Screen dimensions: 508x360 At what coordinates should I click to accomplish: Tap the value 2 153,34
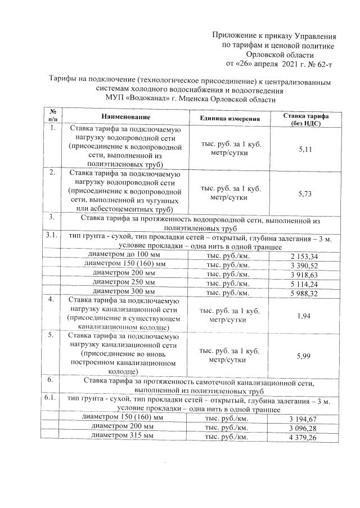click(x=303, y=257)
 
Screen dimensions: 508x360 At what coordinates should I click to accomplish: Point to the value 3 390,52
click(x=303, y=265)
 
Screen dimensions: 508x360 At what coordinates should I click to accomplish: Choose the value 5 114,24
click(x=303, y=284)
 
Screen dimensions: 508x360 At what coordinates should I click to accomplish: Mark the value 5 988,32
click(x=303, y=293)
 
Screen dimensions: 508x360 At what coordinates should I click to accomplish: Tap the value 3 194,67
click(x=303, y=419)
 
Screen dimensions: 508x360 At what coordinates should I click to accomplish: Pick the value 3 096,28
click(x=303, y=428)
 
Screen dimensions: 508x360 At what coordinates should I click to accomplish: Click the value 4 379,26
click(x=303, y=437)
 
